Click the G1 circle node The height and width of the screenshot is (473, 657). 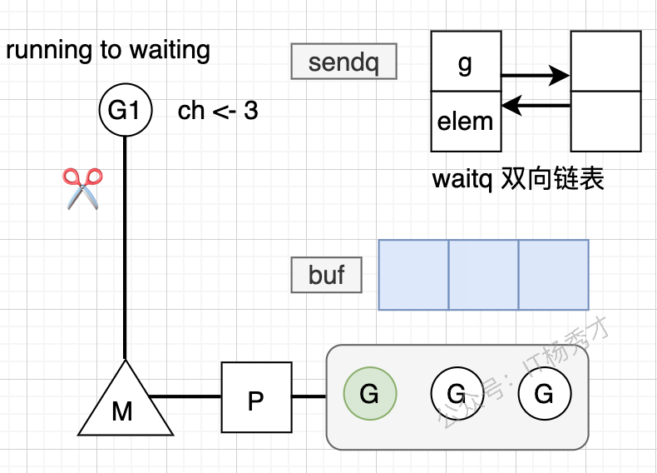coord(125,110)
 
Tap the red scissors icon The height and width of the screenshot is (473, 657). coord(82,187)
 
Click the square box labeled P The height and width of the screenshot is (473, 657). coord(256,397)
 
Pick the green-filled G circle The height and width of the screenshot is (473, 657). coord(369,393)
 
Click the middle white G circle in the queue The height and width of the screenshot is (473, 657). coord(457,393)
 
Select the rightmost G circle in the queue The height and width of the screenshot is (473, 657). coord(544,393)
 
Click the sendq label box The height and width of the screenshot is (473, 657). coord(344,62)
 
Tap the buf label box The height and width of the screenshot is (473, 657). coord(327,275)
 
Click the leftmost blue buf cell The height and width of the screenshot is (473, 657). coord(413,275)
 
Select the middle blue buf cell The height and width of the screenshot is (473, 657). coord(483,275)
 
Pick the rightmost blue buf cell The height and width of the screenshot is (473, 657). coord(553,275)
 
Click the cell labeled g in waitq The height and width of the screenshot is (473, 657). coord(466,62)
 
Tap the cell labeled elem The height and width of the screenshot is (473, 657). coord(466,122)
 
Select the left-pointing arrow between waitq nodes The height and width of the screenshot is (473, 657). coord(536,106)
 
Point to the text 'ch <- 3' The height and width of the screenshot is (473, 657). coord(218,111)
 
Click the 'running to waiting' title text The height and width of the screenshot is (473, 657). coord(108,51)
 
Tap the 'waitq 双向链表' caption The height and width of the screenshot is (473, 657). coord(517,179)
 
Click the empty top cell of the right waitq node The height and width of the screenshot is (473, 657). coord(605,61)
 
